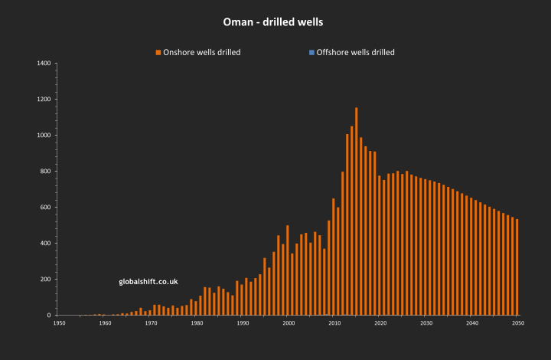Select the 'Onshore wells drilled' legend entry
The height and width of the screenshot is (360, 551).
click(197, 52)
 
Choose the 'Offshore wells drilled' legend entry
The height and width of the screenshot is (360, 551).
click(355, 52)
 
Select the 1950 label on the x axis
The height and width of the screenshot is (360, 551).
click(59, 323)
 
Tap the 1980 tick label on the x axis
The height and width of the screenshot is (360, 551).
click(197, 323)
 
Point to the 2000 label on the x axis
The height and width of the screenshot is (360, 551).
click(289, 323)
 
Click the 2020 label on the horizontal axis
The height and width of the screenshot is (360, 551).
click(380, 323)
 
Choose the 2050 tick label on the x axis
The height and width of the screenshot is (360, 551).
click(518, 323)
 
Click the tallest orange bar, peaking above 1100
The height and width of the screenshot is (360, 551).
click(356, 211)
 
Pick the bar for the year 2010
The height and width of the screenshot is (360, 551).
click(333, 257)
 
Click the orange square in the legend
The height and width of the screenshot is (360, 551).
click(158, 52)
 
